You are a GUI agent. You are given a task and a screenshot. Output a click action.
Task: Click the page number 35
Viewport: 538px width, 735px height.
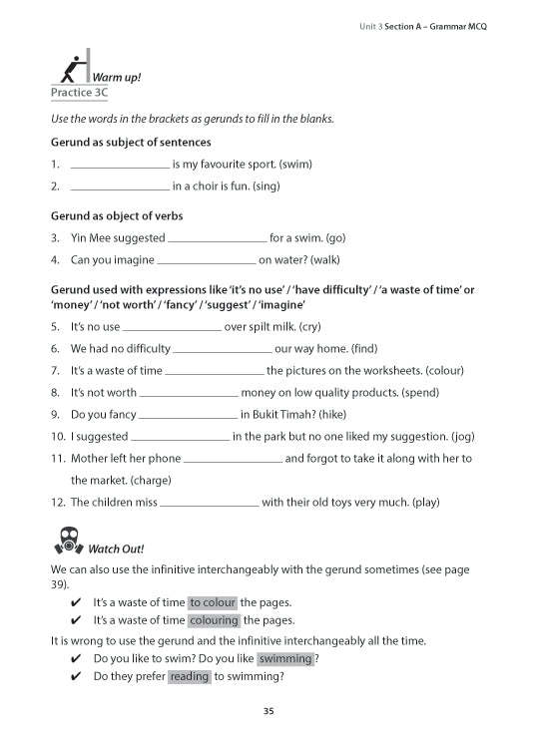[x=269, y=711]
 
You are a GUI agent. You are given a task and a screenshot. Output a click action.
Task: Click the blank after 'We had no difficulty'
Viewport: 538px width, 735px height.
[x=223, y=350]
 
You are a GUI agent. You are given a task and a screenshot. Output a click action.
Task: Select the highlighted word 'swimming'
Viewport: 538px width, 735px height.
[x=284, y=658]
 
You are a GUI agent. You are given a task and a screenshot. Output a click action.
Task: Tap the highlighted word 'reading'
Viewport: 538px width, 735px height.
[x=189, y=676]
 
